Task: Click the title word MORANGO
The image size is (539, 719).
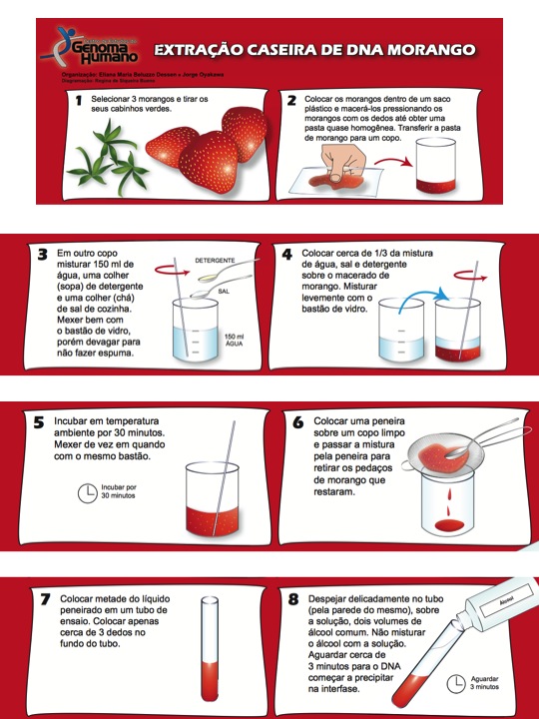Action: click(x=431, y=49)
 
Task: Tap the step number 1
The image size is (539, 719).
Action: click(x=78, y=102)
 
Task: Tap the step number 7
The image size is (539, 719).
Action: click(x=45, y=599)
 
